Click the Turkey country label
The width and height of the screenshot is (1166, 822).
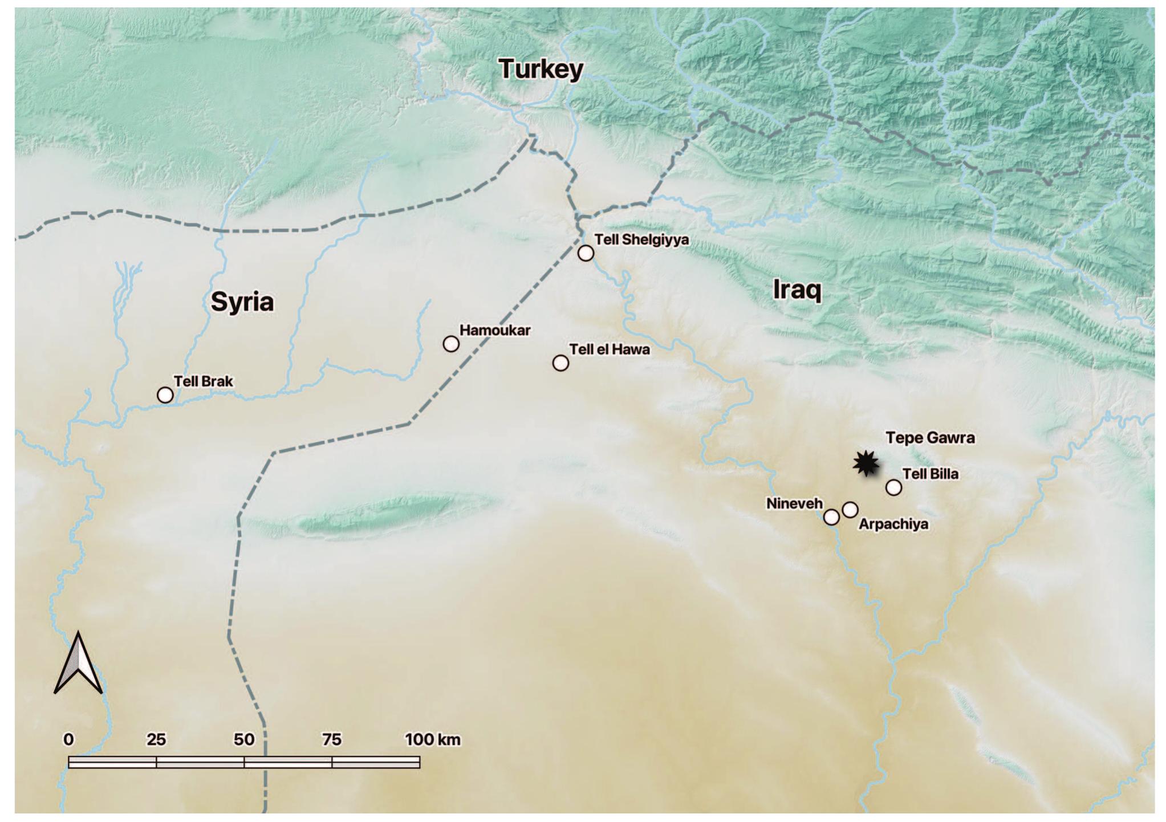(x=541, y=69)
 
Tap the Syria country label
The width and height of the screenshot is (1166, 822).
(x=242, y=301)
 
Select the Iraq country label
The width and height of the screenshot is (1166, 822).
(x=797, y=290)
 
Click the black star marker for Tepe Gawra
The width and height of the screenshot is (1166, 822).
(x=866, y=463)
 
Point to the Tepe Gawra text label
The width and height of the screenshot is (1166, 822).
(x=929, y=438)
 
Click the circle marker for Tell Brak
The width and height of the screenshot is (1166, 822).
(x=165, y=394)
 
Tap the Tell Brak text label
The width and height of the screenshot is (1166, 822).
(x=204, y=381)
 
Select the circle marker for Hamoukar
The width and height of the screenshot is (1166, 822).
(x=451, y=344)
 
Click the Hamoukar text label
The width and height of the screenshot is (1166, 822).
(x=495, y=330)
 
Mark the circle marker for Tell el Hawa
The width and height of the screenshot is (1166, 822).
(x=560, y=363)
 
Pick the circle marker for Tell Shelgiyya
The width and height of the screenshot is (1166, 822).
(x=586, y=253)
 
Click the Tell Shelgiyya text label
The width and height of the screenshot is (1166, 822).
(x=641, y=239)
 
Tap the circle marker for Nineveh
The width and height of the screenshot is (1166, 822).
(x=831, y=517)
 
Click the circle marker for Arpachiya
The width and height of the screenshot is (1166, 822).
(x=850, y=510)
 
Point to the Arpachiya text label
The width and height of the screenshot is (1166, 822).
(x=893, y=524)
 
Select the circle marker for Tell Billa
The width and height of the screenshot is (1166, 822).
(x=893, y=487)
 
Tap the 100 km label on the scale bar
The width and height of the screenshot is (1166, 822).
(x=432, y=739)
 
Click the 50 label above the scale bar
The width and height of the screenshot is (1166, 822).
(x=244, y=739)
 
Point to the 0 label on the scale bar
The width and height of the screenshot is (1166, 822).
(x=68, y=739)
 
